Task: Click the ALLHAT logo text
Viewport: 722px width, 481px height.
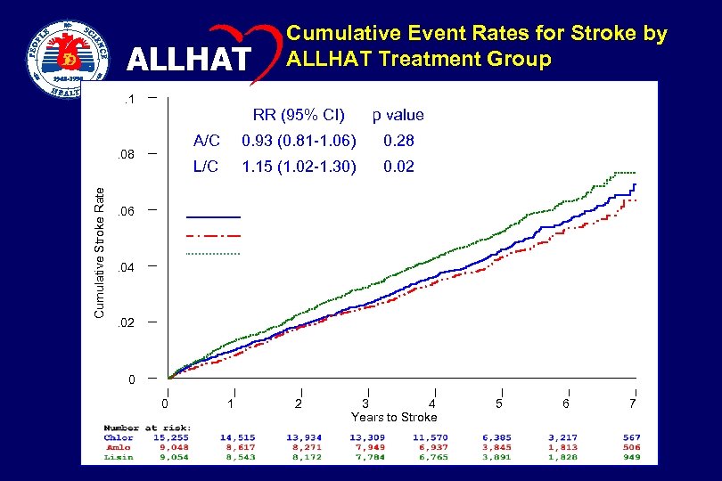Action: pos(189,60)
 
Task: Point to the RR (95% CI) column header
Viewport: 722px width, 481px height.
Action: pos(299,115)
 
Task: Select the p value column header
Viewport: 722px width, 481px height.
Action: pos(398,115)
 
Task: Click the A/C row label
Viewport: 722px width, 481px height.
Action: pos(207,141)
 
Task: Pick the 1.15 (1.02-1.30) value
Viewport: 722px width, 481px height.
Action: pos(299,167)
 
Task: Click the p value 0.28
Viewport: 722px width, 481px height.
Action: pos(398,141)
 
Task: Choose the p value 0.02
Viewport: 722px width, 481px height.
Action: pos(398,167)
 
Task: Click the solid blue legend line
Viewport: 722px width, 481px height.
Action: pos(213,216)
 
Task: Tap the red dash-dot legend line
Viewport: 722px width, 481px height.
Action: pos(213,235)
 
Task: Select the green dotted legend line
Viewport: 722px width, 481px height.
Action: pos(213,254)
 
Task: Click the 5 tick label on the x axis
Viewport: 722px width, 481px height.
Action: pos(499,404)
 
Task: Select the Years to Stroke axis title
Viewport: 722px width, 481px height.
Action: pos(394,417)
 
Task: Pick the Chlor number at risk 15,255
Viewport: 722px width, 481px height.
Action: pos(168,437)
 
